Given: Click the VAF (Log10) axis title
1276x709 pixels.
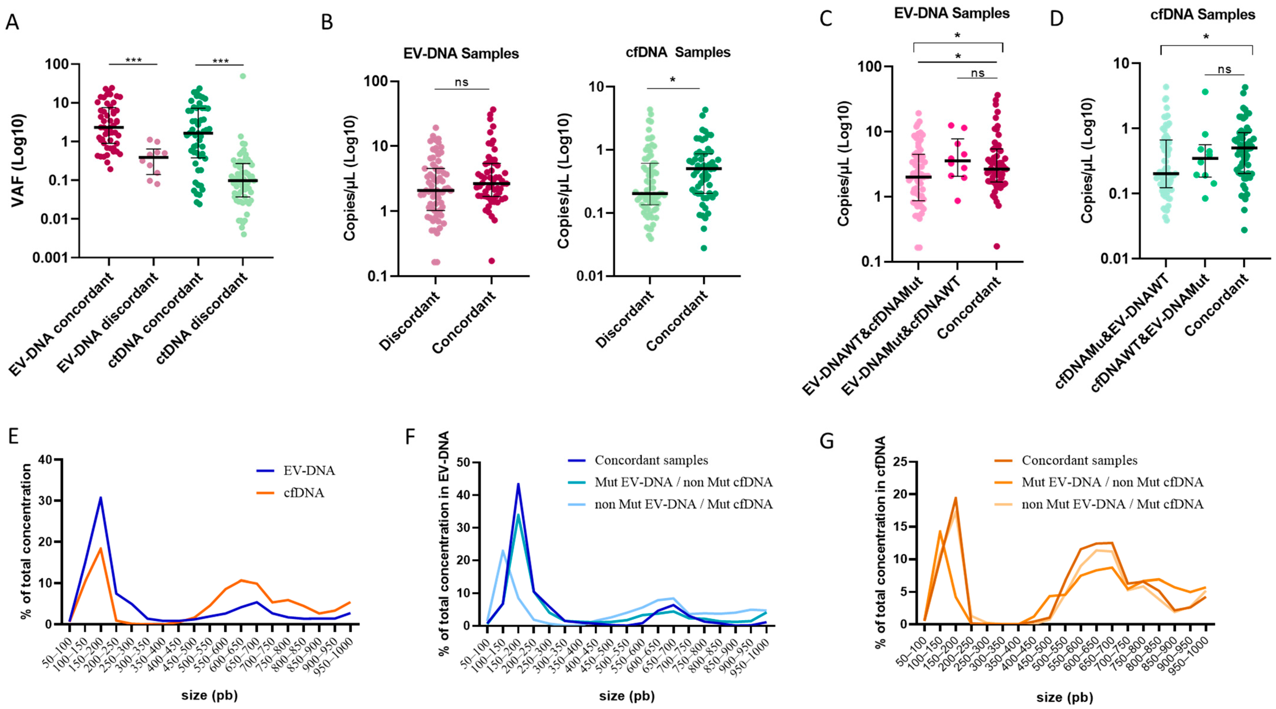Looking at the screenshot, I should [x=19, y=160].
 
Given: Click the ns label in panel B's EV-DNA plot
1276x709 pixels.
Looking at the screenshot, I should [x=461, y=82].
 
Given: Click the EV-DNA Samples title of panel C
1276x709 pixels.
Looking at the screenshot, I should [x=952, y=13].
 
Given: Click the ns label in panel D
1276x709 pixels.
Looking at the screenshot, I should [x=1225, y=69].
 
